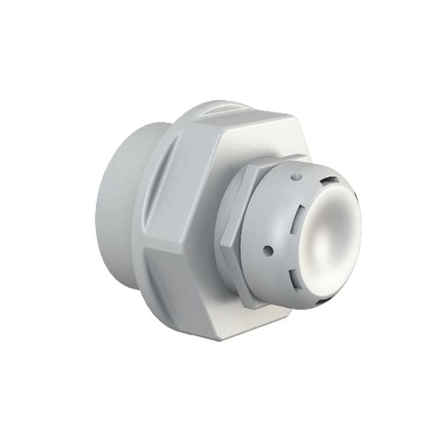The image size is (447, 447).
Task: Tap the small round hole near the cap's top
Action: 297,175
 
